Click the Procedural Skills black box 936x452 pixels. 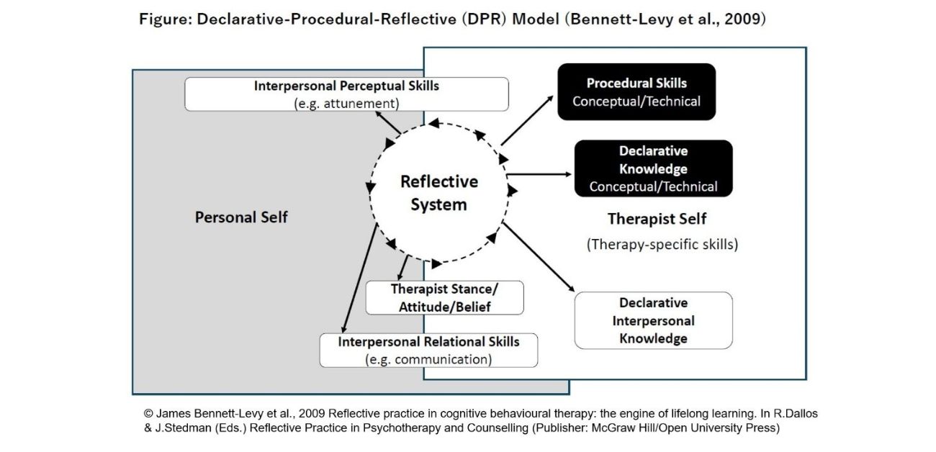point(636,91)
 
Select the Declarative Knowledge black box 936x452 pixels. point(653,168)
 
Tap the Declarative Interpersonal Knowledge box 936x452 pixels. point(653,320)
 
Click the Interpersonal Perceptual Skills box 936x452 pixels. point(346,94)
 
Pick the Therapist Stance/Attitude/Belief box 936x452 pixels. point(444,297)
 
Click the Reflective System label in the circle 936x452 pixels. point(438,193)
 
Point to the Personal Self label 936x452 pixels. point(241,217)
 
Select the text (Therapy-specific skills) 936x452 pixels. point(662,244)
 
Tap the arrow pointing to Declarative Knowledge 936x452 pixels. point(540,173)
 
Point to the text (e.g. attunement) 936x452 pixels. point(346,103)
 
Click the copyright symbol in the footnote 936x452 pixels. point(148,415)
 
